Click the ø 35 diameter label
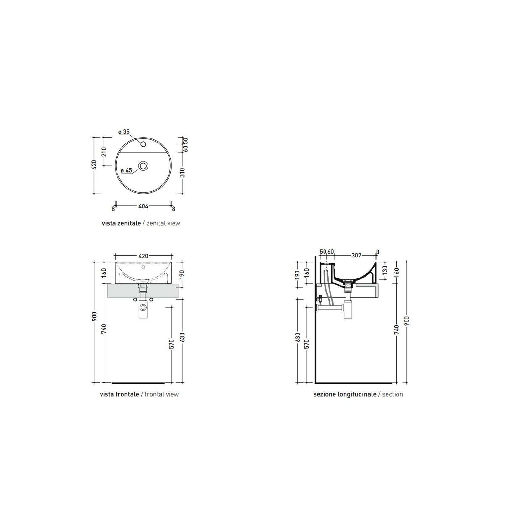(x=124, y=132)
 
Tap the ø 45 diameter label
(x=127, y=170)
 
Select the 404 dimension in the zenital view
(x=143, y=206)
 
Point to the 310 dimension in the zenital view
(x=182, y=173)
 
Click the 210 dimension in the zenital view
(x=104, y=152)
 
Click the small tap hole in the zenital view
(x=143, y=144)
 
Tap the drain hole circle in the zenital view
(x=143, y=166)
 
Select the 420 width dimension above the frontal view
(x=143, y=256)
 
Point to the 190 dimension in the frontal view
(x=182, y=274)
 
